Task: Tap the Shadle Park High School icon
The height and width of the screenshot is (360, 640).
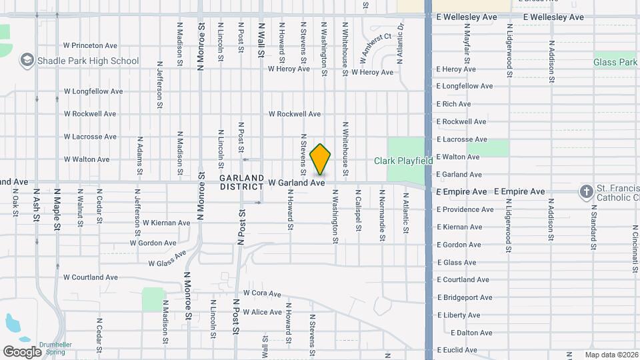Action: coord(27,61)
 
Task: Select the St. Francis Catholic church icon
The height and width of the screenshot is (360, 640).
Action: coord(586,192)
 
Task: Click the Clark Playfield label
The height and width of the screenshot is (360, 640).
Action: coord(403,161)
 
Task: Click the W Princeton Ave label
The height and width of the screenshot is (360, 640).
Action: coord(91,45)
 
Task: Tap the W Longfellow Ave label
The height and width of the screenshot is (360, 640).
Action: coord(93,91)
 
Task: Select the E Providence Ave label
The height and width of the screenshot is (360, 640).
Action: coord(465,209)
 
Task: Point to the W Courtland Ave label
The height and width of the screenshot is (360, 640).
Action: coord(91,277)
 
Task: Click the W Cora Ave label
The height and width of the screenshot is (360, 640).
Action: coord(262,293)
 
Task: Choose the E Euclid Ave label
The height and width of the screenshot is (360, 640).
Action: coord(457,350)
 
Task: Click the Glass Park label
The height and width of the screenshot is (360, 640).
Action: coord(615,62)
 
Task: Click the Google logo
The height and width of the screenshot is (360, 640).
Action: coord(22,351)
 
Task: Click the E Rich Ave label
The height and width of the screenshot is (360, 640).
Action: coord(453,104)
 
